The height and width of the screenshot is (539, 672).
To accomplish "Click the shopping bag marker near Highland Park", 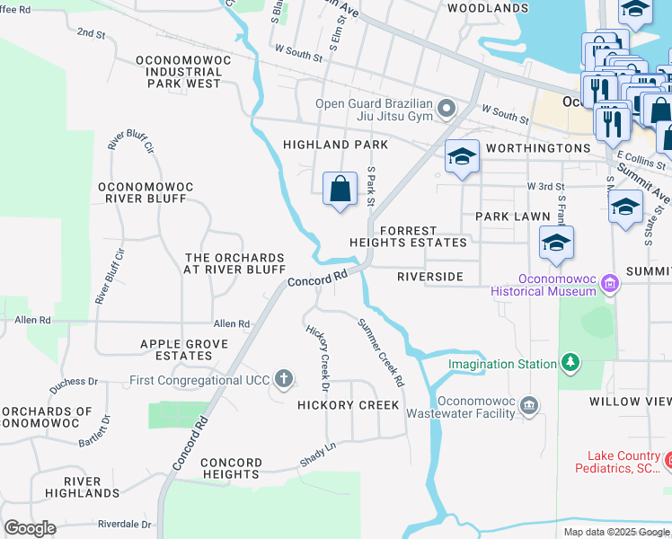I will click(340, 190).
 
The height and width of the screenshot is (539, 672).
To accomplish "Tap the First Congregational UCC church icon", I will click(283, 378).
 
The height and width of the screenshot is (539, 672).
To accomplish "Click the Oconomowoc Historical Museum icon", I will click(610, 284).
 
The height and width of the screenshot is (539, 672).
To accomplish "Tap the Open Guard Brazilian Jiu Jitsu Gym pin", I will click(447, 110).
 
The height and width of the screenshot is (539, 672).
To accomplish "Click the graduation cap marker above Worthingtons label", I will click(462, 158).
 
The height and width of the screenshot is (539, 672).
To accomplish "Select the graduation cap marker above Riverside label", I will click(557, 243).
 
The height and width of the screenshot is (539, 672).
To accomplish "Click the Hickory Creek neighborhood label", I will click(349, 405).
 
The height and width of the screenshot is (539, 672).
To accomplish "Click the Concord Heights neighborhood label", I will click(231, 468).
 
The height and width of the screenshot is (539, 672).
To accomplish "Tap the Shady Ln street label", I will click(318, 455).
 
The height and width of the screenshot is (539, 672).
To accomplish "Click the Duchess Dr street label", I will click(72, 382).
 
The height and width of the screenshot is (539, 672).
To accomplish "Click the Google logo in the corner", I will click(30, 528).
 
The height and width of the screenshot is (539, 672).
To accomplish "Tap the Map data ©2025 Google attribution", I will click(616, 532).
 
